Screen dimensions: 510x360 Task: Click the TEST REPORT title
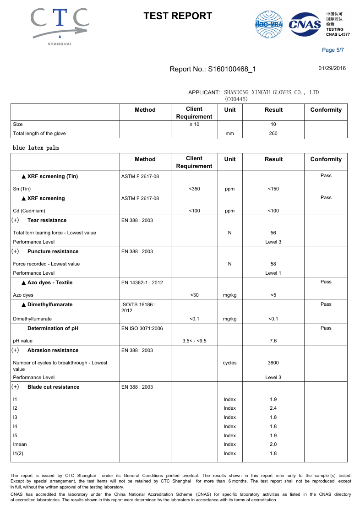(x=178, y=16)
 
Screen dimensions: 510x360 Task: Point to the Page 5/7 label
(x=333, y=50)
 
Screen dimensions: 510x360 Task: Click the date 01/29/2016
(x=332, y=69)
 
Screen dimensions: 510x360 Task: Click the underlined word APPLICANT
(x=203, y=92)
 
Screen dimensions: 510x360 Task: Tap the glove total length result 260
(x=273, y=134)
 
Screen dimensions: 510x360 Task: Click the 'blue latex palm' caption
(x=36, y=148)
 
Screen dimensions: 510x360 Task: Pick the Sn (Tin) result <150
(x=273, y=189)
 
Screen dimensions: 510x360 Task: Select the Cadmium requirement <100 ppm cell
(x=194, y=211)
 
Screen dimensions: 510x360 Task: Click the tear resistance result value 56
(x=273, y=233)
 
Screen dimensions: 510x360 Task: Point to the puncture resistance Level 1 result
(x=273, y=273)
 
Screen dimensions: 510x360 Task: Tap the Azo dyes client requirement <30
(x=194, y=295)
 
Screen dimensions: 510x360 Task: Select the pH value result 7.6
(x=273, y=341)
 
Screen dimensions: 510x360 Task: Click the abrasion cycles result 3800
(x=273, y=363)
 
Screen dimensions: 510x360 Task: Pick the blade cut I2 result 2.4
(x=273, y=408)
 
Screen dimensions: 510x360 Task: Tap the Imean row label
(x=20, y=444)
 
